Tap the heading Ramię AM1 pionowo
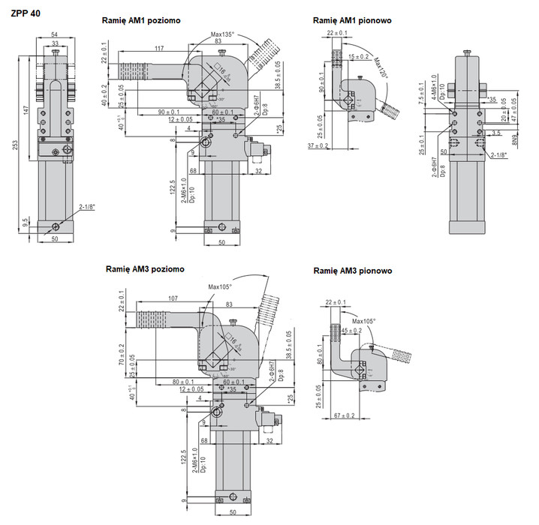tap(352, 21)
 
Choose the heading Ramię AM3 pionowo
tap(353, 271)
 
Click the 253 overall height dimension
tap(16, 144)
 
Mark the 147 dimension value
tap(26, 110)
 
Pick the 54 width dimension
tap(55, 35)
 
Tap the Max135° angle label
tap(223, 34)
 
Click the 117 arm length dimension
tap(160, 49)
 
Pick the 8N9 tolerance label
tap(515, 139)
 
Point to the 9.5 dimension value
tap(26, 223)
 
